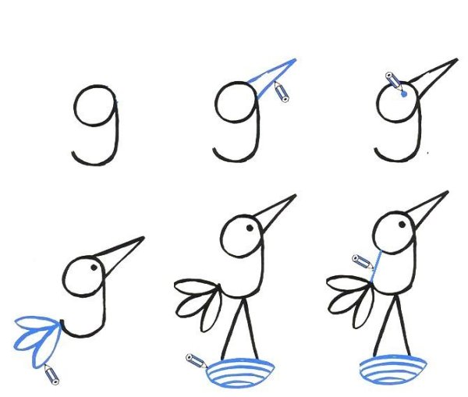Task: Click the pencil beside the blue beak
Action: (x=282, y=91)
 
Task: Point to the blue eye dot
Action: (x=404, y=94)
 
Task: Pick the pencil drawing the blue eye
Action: (x=394, y=80)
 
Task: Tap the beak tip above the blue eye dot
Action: (x=457, y=59)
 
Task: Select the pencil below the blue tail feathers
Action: (x=51, y=374)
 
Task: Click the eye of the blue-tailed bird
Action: (x=94, y=268)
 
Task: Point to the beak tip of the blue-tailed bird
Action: (x=144, y=238)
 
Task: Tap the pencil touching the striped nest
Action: (x=196, y=361)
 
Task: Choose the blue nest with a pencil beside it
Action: (x=240, y=374)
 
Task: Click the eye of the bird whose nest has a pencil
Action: (x=250, y=228)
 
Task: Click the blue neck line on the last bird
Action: (x=376, y=267)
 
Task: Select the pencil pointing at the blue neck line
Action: (x=363, y=261)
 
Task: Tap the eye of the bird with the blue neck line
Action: (x=402, y=225)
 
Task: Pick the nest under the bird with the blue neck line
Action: (x=393, y=369)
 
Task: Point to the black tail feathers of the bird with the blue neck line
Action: (x=350, y=301)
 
